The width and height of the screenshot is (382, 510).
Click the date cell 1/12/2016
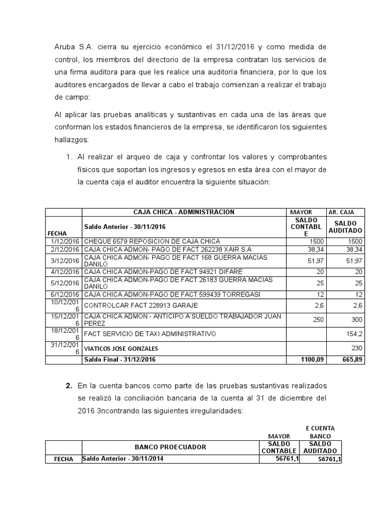coord(64,241)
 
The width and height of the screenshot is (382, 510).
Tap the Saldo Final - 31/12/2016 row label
coord(120,360)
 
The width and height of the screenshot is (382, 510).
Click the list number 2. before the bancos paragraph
coord(69,386)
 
